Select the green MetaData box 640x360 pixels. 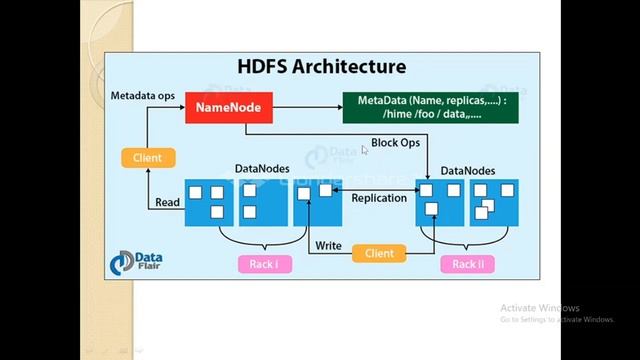pyautogui.click(x=431, y=107)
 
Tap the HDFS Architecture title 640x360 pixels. pyautogui.click(x=321, y=67)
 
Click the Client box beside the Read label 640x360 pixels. pyautogui.click(x=147, y=157)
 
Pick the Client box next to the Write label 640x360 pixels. pyautogui.click(x=379, y=253)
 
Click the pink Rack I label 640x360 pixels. pyautogui.click(x=265, y=264)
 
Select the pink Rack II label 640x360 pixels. pyautogui.click(x=467, y=264)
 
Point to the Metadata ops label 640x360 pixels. pyautogui.click(x=142, y=96)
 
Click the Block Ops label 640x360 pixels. pyautogui.click(x=395, y=143)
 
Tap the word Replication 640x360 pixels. pyautogui.click(x=379, y=198)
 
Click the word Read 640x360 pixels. pyautogui.click(x=168, y=202)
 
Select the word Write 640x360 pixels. pyautogui.click(x=328, y=246)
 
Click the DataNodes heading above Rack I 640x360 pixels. pyautogui.click(x=262, y=169)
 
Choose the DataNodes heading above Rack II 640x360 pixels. pyautogui.click(x=468, y=171)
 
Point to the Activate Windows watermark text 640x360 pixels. pyautogui.click(x=540, y=308)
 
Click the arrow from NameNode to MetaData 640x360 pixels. pyautogui.click(x=305, y=107)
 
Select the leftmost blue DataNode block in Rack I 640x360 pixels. pyautogui.click(x=208, y=202)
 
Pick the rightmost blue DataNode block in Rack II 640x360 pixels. pyautogui.click(x=494, y=202)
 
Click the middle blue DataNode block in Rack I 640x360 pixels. pyautogui.click(x=262, y=202)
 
